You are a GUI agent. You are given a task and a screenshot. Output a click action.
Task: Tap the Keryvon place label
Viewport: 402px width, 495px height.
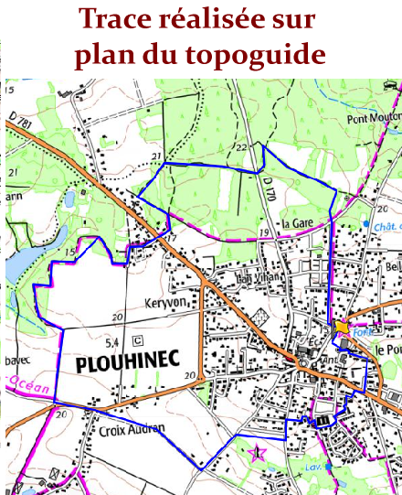[x=164, y=302]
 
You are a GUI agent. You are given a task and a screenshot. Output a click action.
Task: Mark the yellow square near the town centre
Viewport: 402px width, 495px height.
[x=342, y=327]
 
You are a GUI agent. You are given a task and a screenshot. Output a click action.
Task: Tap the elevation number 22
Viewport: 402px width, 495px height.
[x=242, y=146]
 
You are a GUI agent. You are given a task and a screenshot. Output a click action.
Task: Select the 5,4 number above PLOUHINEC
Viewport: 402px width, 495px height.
[x=113, y=342]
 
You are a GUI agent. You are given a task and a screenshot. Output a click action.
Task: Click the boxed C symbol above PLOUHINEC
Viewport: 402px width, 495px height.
[x=136, y=340]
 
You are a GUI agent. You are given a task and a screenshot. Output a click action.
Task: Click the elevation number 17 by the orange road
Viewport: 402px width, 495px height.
[x=170, y=239]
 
